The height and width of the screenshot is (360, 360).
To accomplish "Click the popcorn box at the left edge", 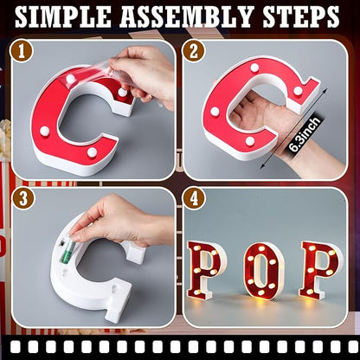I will pyautogui.click(x=6, y=156).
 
